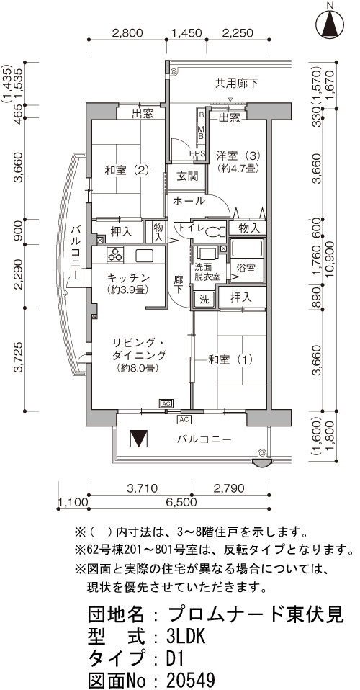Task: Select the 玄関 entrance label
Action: tap(187, 176)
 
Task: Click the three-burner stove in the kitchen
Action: tap(115, 255)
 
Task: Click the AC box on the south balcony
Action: tap(184, 419)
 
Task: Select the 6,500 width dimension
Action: tap(179, 502)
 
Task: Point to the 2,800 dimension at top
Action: tap(127, 32)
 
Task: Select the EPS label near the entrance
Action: tap(197, 153)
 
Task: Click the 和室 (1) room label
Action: tap(230, 359)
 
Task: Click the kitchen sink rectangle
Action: tap(144, 255)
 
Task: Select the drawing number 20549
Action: tap(192, 678)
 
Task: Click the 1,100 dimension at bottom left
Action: tap(73, 502)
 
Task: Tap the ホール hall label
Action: tap(189, 201)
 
